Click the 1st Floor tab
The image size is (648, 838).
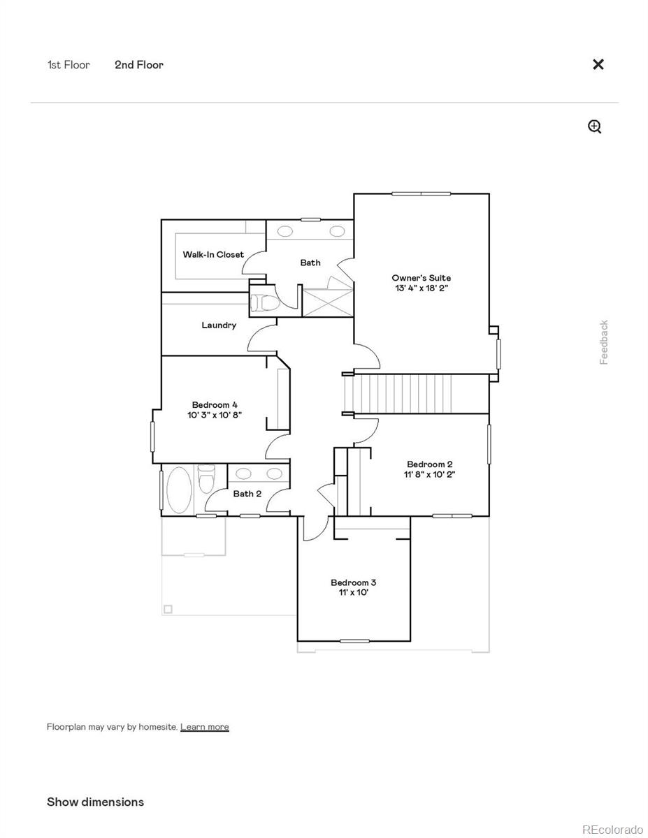point(69,65)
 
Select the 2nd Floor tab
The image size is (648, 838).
point(139,65)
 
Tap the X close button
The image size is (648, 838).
point(598,64)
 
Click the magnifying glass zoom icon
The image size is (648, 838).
point(595,126)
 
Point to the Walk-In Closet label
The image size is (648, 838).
point(213,255)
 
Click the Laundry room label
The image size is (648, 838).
point(219,325)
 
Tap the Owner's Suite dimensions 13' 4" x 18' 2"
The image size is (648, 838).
point(421,288)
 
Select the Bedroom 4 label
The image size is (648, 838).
point(215,405)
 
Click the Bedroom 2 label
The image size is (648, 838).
point(430,464)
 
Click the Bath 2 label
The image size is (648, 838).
point(247,494)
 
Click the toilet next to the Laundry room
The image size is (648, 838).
point(265,303)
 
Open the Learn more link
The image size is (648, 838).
point(204,727)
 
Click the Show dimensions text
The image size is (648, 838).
point(95,802)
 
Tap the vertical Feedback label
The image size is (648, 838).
point(604,342)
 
